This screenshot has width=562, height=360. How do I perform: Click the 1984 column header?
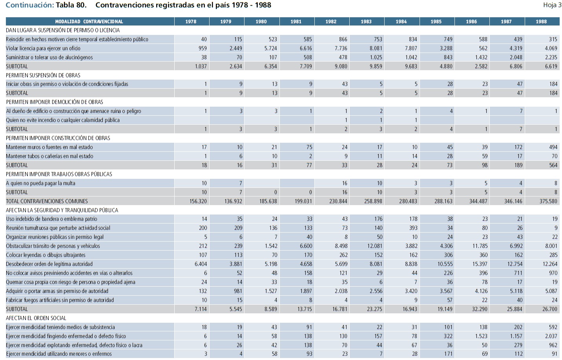[401, 22]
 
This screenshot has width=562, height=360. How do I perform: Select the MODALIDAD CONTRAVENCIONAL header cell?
[89, 22]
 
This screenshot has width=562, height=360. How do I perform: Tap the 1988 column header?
[541, 22]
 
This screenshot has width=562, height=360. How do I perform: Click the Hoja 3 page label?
[552, 5]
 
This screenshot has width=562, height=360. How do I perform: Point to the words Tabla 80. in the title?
[71, 5]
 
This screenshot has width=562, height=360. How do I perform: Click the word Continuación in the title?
[29, 5]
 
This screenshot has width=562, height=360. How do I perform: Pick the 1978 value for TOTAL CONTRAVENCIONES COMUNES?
[198, 201]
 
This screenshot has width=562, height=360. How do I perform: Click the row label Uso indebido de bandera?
[51, 219]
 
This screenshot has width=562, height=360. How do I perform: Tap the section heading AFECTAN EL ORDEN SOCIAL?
[36, 318]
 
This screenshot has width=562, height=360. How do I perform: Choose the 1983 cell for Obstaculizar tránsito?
[374, 246]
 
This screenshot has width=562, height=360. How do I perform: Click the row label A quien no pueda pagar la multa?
[40, 183]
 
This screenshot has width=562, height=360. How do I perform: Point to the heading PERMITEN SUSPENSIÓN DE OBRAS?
[43, 75]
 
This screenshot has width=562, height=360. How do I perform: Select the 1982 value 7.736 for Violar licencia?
[341, 48]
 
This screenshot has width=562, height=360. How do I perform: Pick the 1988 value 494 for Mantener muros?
[553, 147]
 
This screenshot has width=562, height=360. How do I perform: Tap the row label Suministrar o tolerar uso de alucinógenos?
[49, 57]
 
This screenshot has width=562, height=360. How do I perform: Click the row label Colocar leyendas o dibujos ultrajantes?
[46, 255]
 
